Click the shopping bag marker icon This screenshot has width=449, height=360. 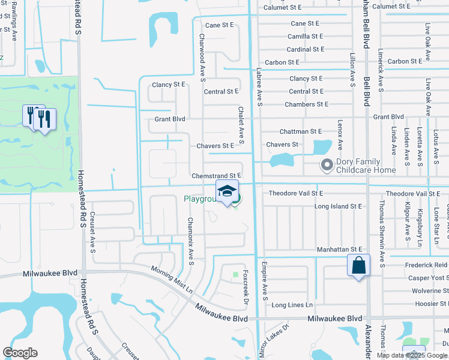tap(358, 264)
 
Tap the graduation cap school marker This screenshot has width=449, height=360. tap(227, 191)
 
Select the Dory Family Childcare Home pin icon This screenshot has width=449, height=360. tap(327, 164)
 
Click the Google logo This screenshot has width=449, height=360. tap(20, 353)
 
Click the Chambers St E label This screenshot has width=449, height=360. tap(306, 104)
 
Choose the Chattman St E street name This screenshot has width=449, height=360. tap(301, 131)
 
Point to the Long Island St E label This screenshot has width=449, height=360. tap(339, 206)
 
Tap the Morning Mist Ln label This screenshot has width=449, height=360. tap(171, 279)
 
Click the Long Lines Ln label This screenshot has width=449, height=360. tap(292, 305)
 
